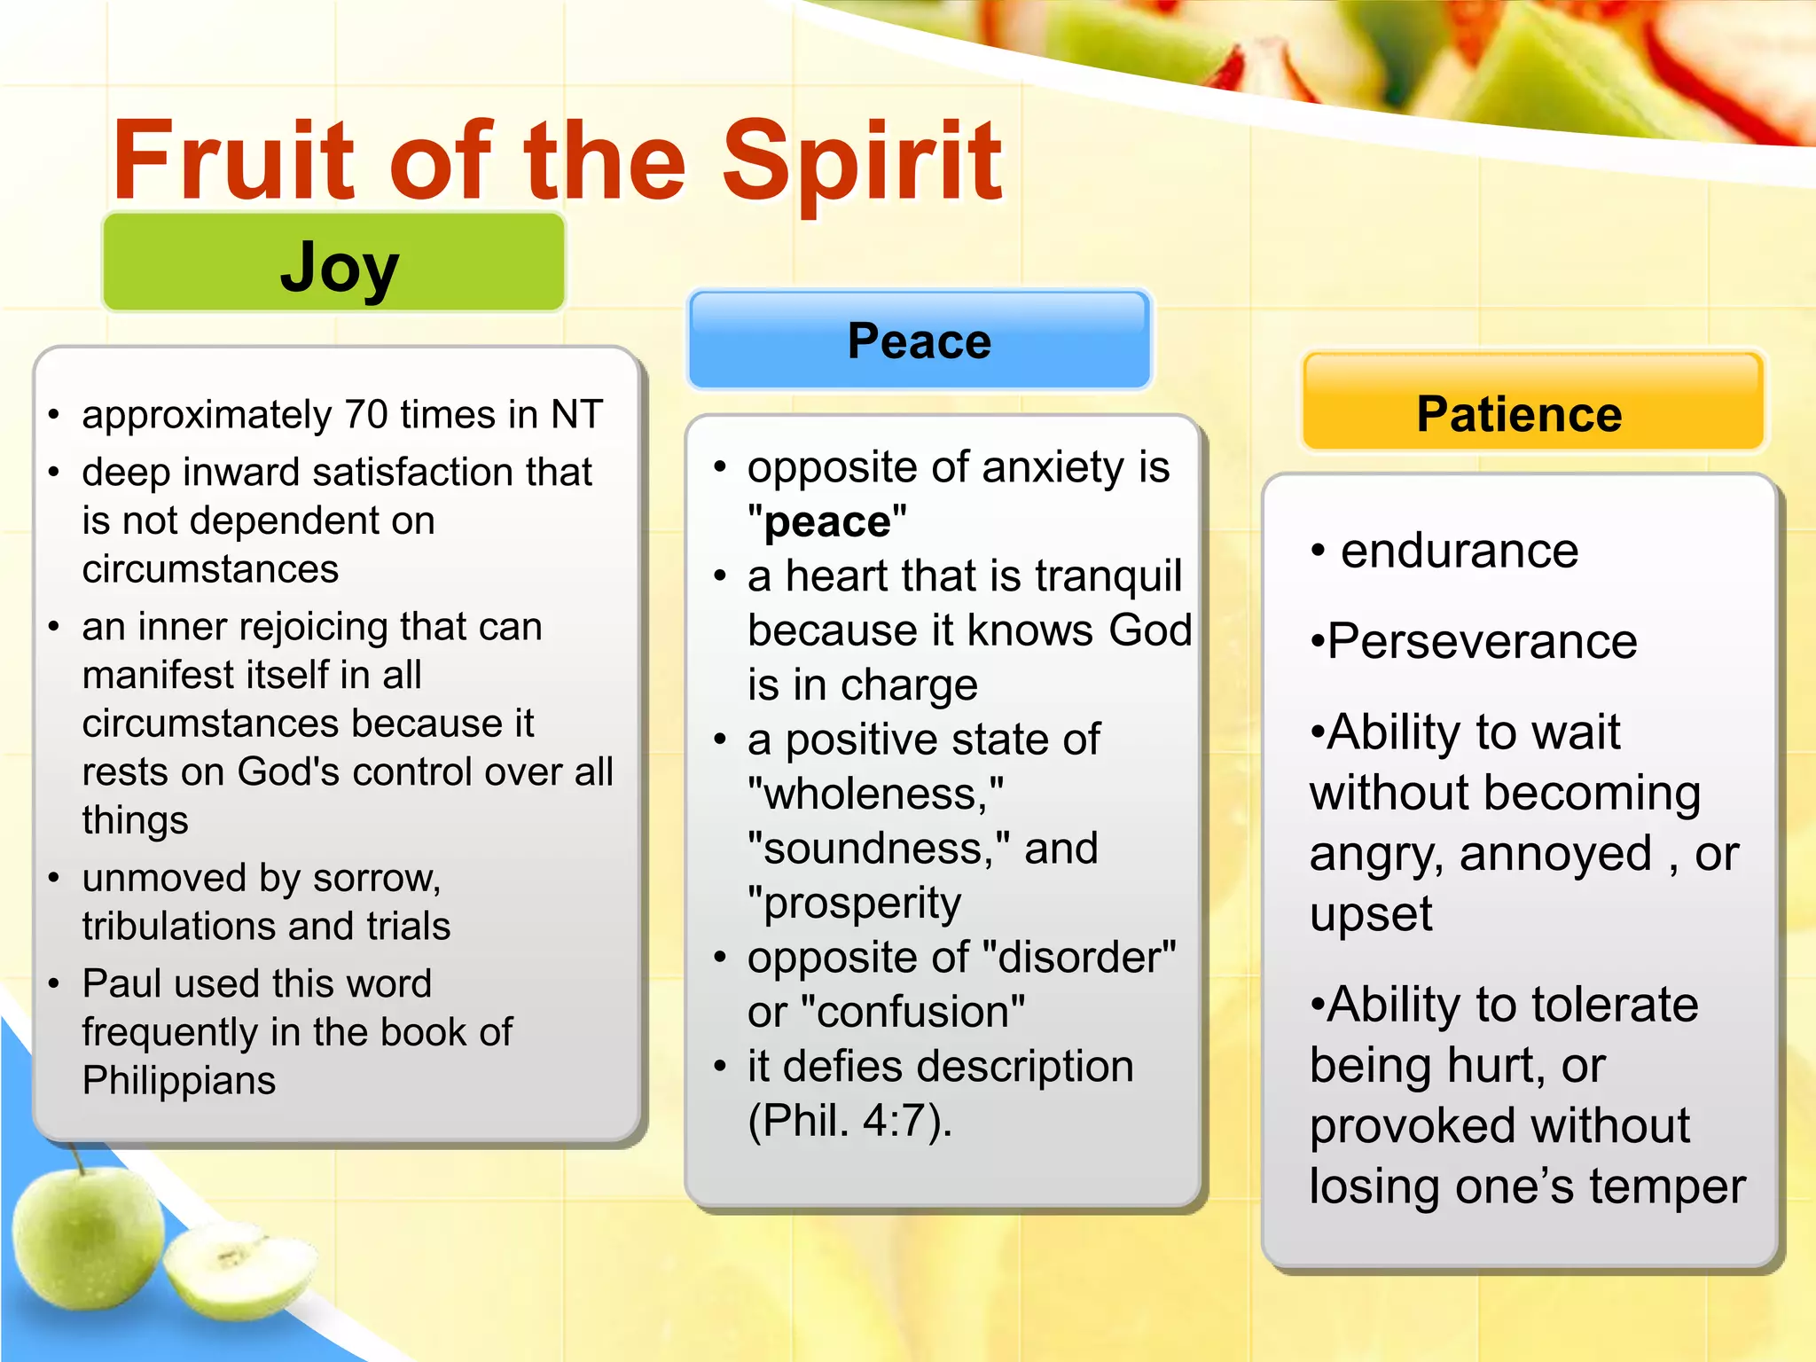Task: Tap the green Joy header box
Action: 334,263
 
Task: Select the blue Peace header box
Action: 919,340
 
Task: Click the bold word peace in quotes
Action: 826,522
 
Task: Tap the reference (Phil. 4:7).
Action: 849,1121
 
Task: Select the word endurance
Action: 1459,552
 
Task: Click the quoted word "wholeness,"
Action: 875,794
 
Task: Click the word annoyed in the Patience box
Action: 1555,854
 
